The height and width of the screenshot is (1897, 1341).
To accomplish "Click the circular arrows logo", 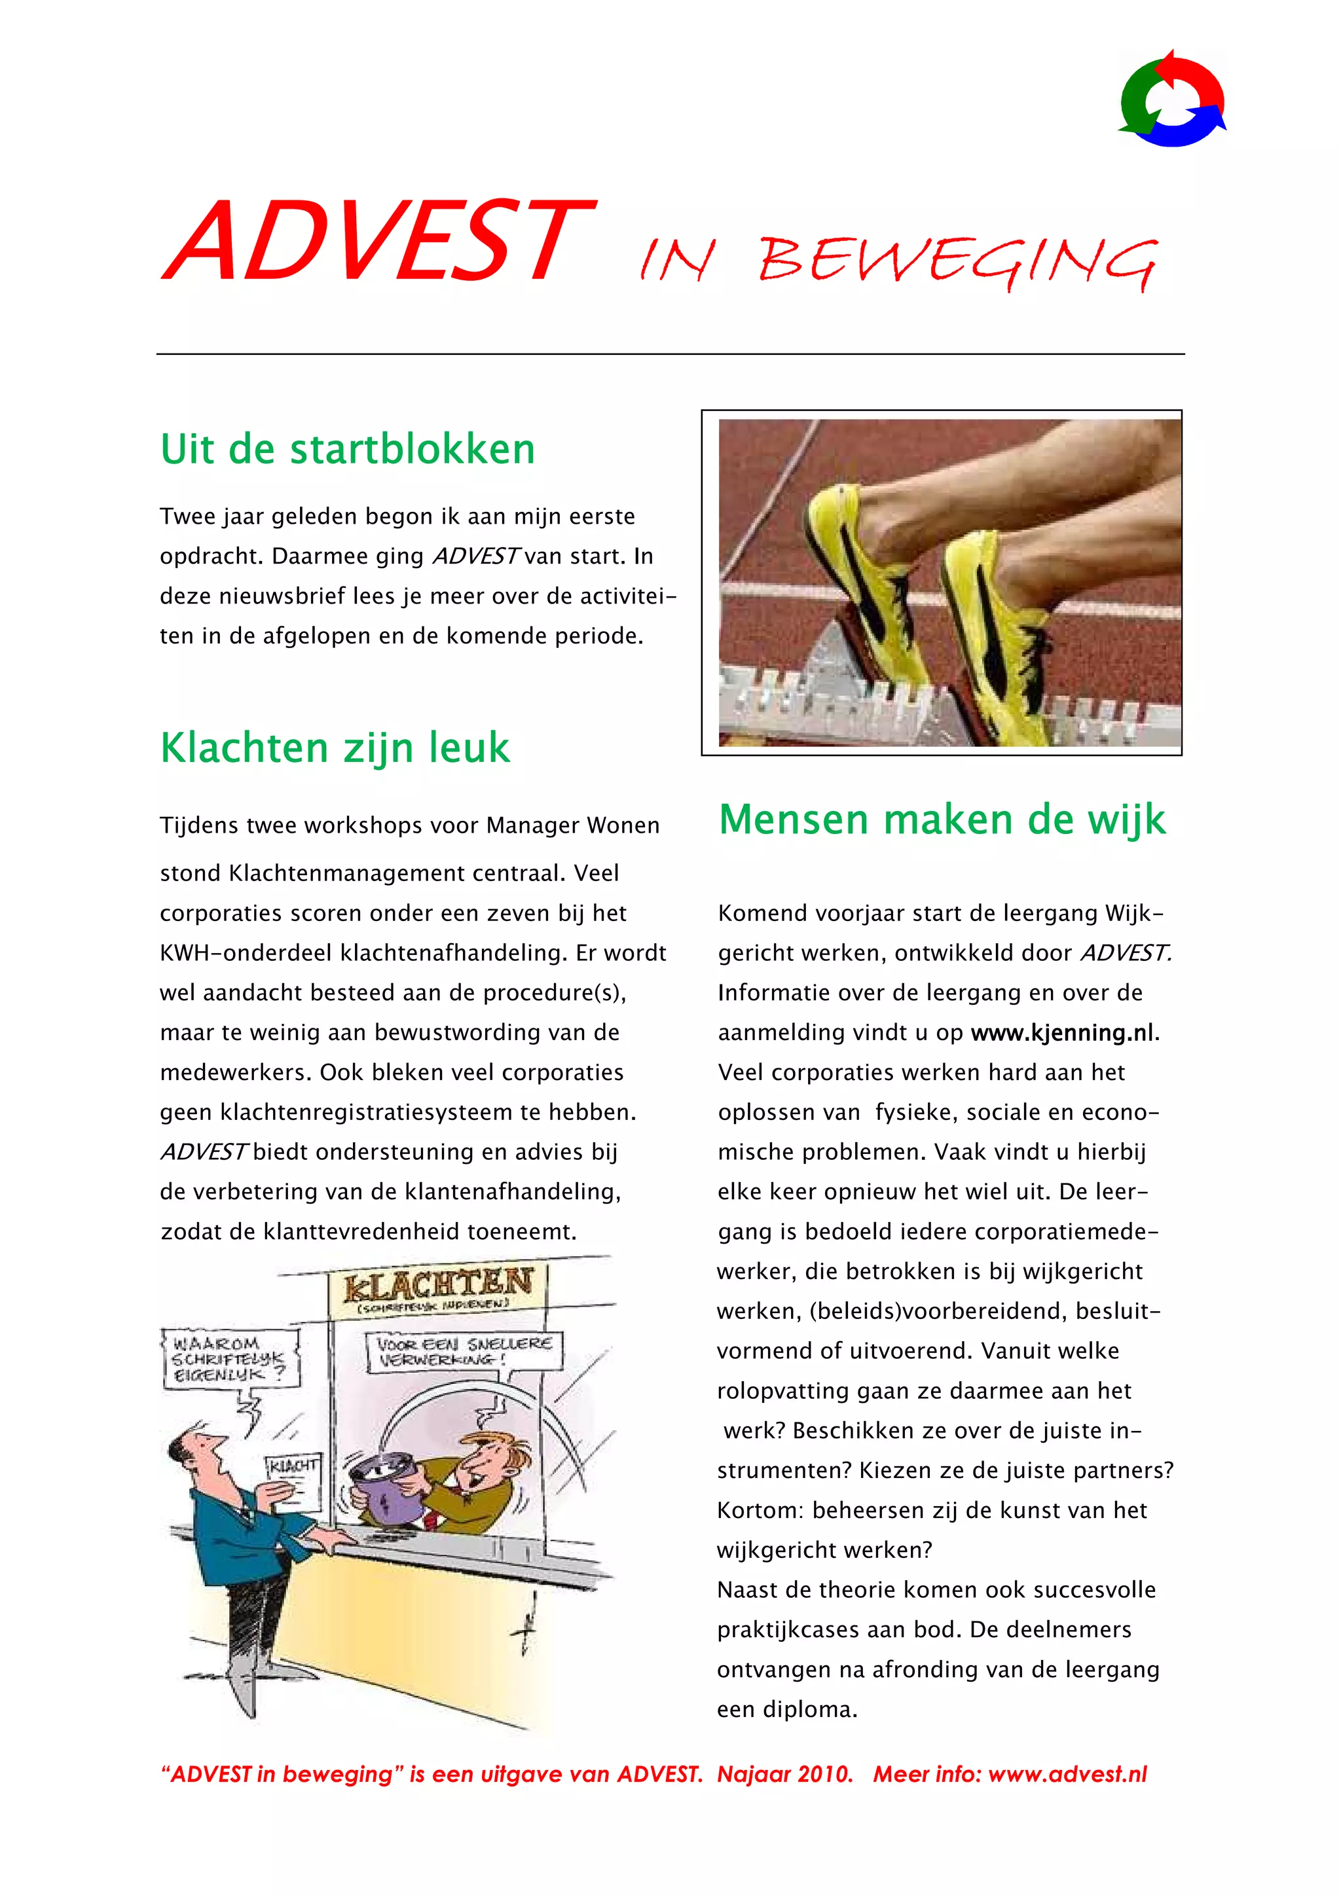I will [1171, 98].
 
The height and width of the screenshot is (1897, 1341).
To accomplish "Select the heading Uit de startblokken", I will [347, 450].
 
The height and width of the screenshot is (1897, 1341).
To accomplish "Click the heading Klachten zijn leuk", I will [335, 748].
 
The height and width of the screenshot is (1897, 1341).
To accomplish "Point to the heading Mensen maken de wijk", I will [942, 820].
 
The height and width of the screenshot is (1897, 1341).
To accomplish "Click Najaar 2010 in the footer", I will [784, 1775].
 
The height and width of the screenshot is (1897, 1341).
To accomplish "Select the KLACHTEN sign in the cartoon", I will [438, 1286].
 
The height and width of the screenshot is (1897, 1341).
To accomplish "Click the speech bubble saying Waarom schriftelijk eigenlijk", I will [229, 1358].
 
